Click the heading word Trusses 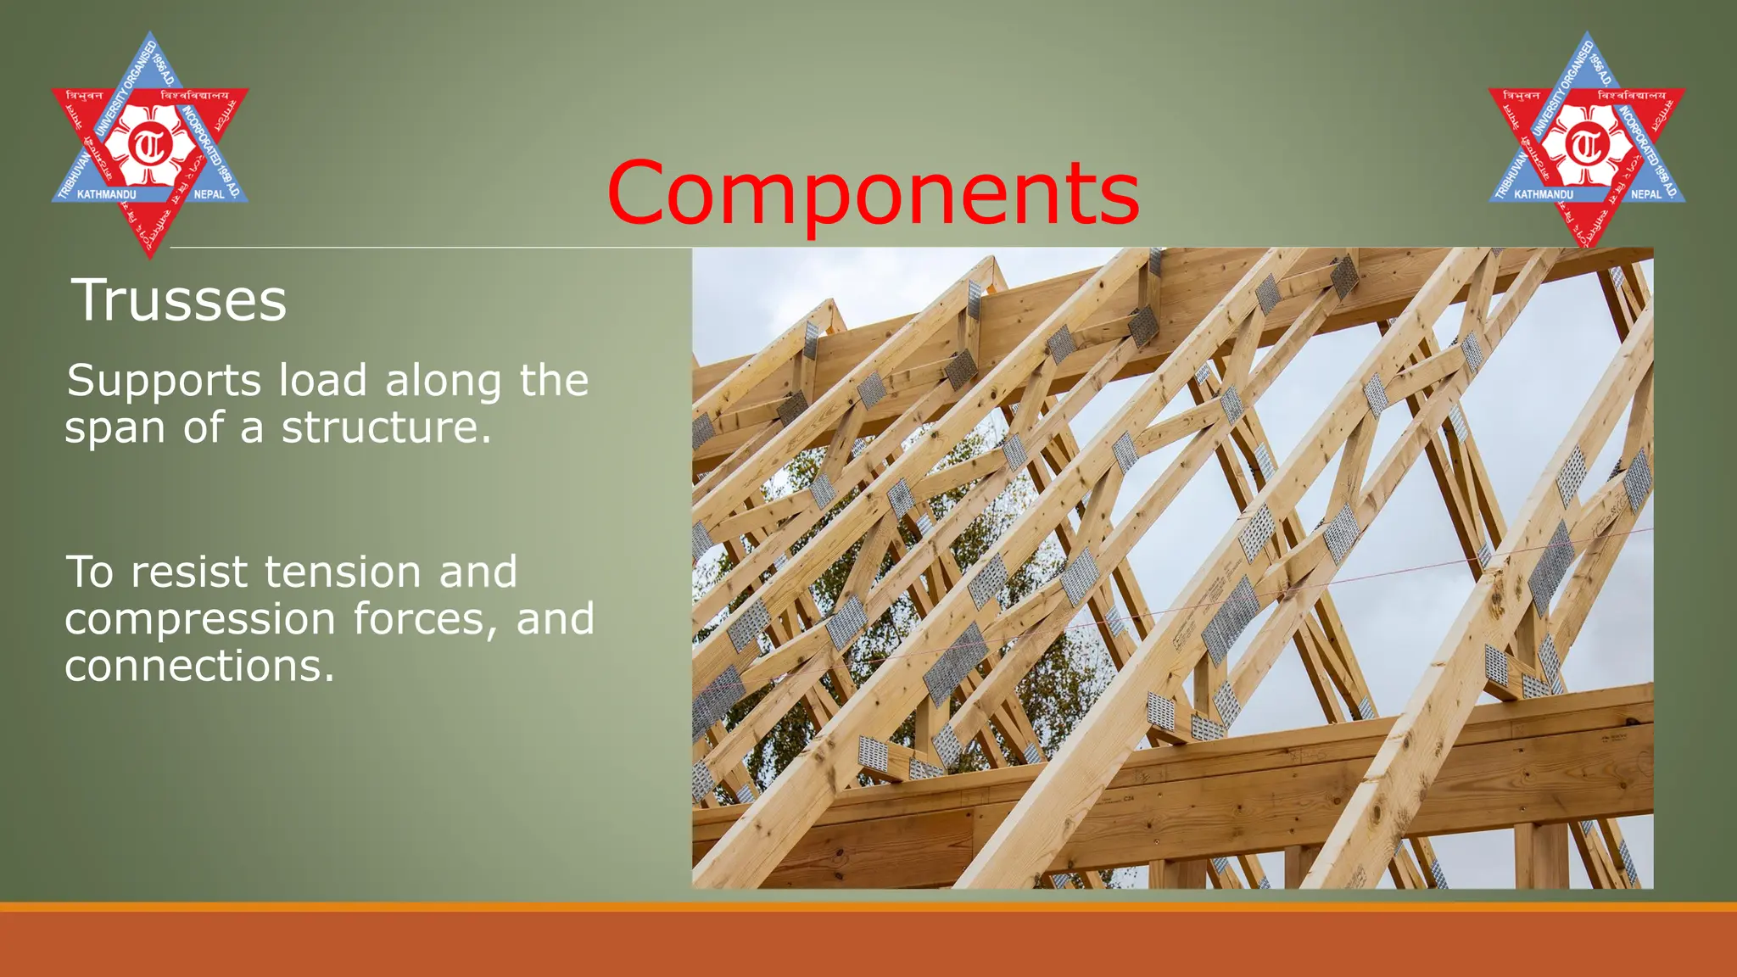point(179,300)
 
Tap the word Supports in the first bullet point(164,381)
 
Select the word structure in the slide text point(386,427)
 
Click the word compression point(200,619)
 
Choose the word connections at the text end point(198,666)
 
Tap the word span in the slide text point(113,429)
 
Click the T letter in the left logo point(149,146)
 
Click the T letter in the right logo point(1586,146)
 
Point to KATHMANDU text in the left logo point(106,195)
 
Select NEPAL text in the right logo point(1646,194)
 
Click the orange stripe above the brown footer point(868,907)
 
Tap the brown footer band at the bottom point(868,946)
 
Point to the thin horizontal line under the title point(424,248)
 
